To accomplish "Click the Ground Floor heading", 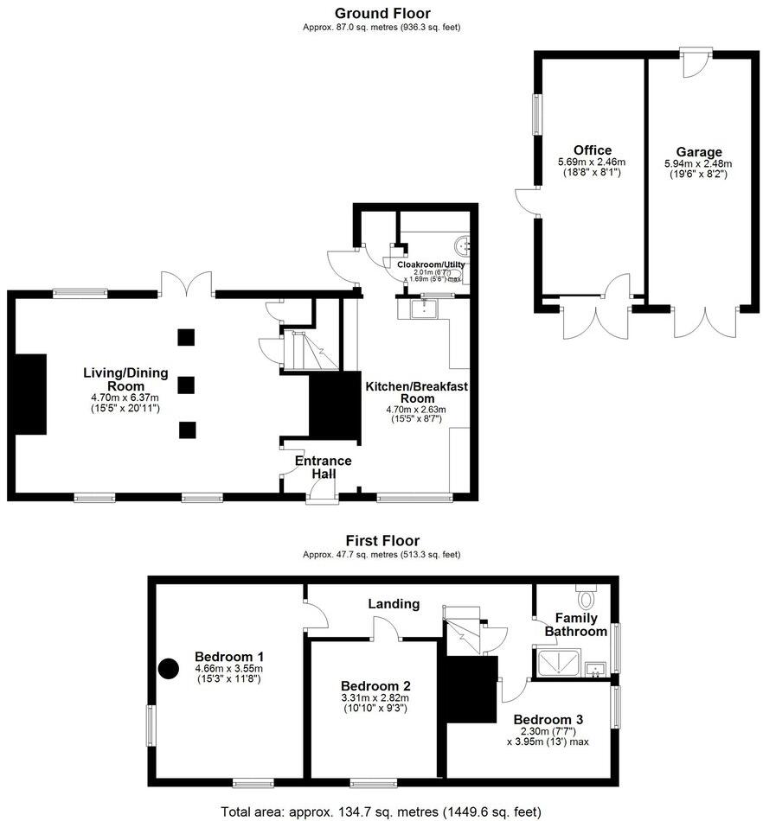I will [381, 13].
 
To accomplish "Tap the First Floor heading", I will [381, 541].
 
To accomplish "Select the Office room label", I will [592, 150].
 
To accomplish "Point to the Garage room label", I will [698, 152].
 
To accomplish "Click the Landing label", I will [393, 603].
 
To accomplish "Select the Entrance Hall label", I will [323, 468].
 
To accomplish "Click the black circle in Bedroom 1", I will [168, 668].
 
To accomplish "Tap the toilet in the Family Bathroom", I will [587, 597].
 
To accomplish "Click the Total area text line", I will [381, 811].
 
